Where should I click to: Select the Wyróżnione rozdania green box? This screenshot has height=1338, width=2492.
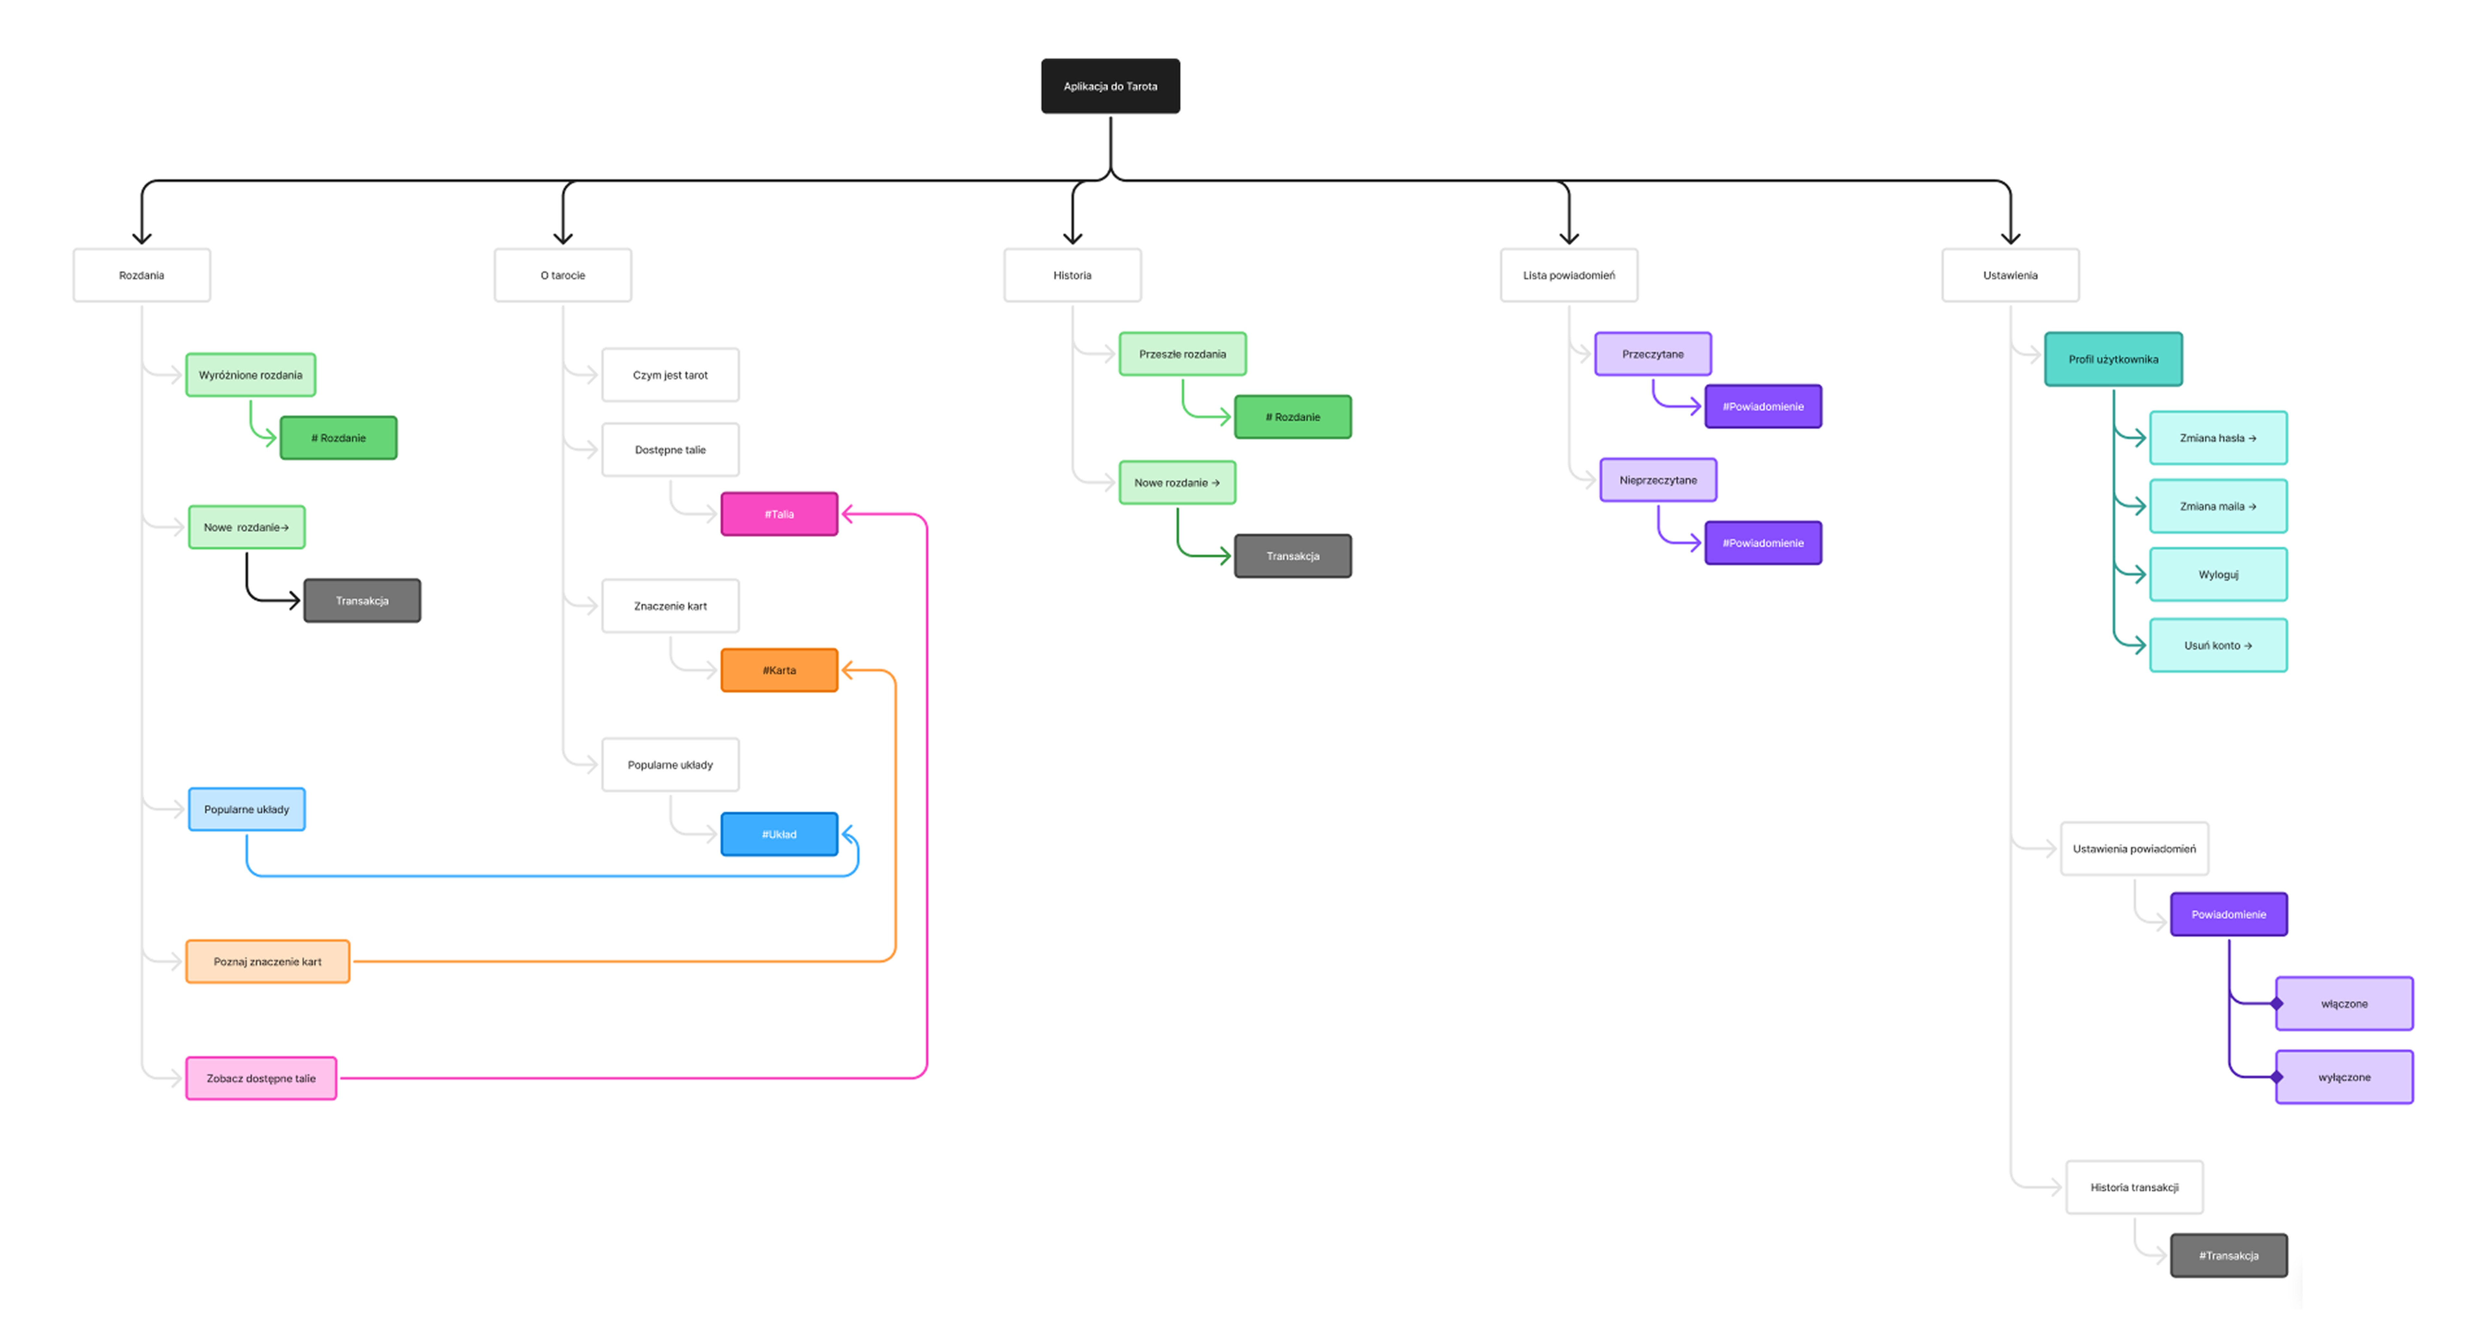[x=251, y=374]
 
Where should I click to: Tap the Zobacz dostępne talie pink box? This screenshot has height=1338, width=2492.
[x=261, y=1078]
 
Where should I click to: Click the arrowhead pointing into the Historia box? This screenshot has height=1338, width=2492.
[x=1072, y=237]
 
